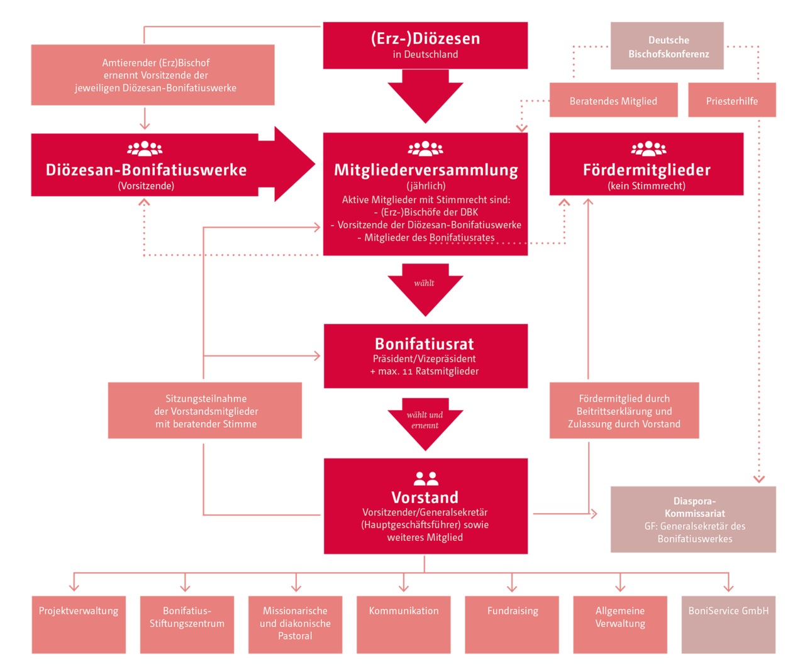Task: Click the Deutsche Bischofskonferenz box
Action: [667, 45]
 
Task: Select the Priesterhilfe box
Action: [731, 99]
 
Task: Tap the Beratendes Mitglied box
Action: [613, 99]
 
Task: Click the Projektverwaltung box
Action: [79, 624]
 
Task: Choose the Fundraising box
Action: [511, 624]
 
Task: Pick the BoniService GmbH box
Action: [728, 624]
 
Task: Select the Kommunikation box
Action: [403, 624]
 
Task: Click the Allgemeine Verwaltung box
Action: [619, 624]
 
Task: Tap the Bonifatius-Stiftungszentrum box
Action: [187, 624]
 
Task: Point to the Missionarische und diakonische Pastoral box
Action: [295, 624]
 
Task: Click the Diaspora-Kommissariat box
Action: [693, 519]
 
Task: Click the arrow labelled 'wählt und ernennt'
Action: [425, 422]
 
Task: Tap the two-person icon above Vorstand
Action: [425, 478]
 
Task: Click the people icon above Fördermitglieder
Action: [648, 148]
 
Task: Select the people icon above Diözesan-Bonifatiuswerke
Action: [145, 148]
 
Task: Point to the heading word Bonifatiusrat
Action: [425, 343]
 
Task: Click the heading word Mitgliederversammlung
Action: [426, 170]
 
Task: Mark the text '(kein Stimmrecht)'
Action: [646, 186]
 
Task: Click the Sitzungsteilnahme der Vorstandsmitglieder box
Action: [205, 410]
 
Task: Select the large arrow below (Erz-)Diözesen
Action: [425, 96]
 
